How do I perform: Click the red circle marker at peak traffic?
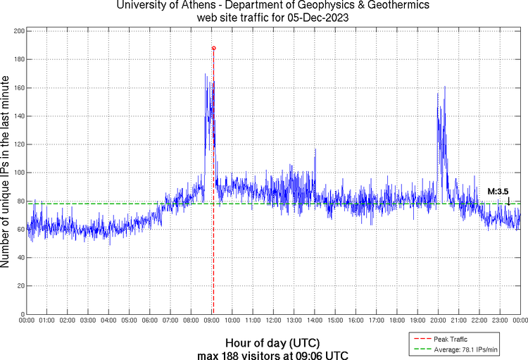tap(213, 48)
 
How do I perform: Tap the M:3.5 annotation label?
tap(498, 191)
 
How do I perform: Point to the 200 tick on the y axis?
tap(19, 32)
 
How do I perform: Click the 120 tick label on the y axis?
tap(19, 144)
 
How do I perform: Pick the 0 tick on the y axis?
tap(23, 314)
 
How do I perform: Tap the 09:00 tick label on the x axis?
tap(212, 321)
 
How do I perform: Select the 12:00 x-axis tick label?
tap(274, 321)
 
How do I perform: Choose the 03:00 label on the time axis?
tap(89, 321)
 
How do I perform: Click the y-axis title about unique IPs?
tap(6, 173)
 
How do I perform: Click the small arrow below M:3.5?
tap(508, 202)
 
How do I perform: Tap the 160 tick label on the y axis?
tap(19, 88)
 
